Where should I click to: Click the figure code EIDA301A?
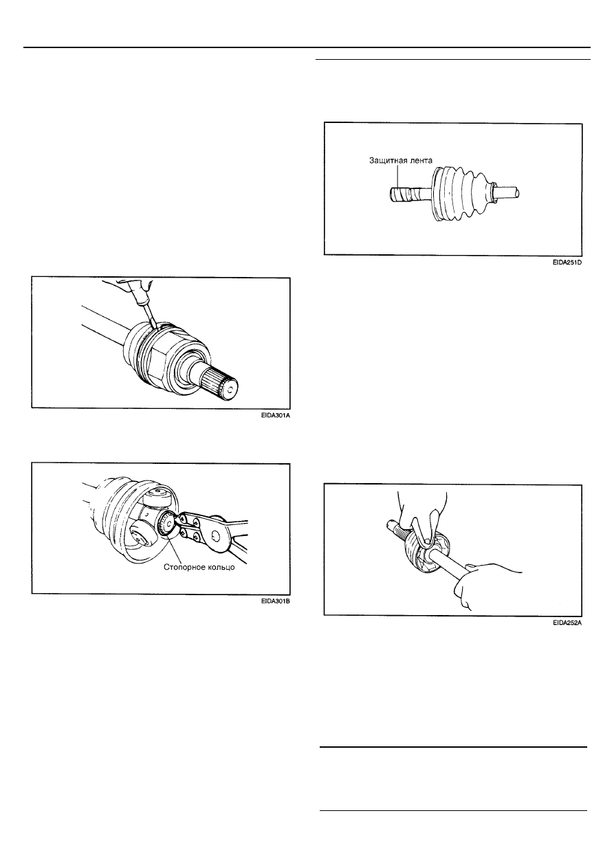pos(275,416)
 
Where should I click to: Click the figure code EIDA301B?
pos(275,601)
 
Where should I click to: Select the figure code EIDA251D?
pos(567,263)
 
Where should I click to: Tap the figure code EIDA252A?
pos(567,623)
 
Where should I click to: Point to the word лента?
pos(420,160)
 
